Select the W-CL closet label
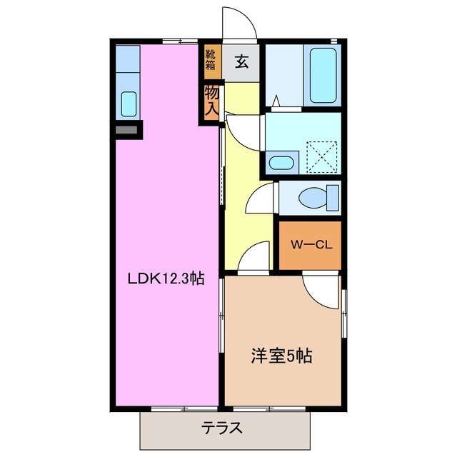click(310, 244)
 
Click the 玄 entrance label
click(241, 62)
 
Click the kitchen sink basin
click(129, 104)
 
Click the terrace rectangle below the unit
click(226, 428)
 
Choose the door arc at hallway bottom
click(255, 257)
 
